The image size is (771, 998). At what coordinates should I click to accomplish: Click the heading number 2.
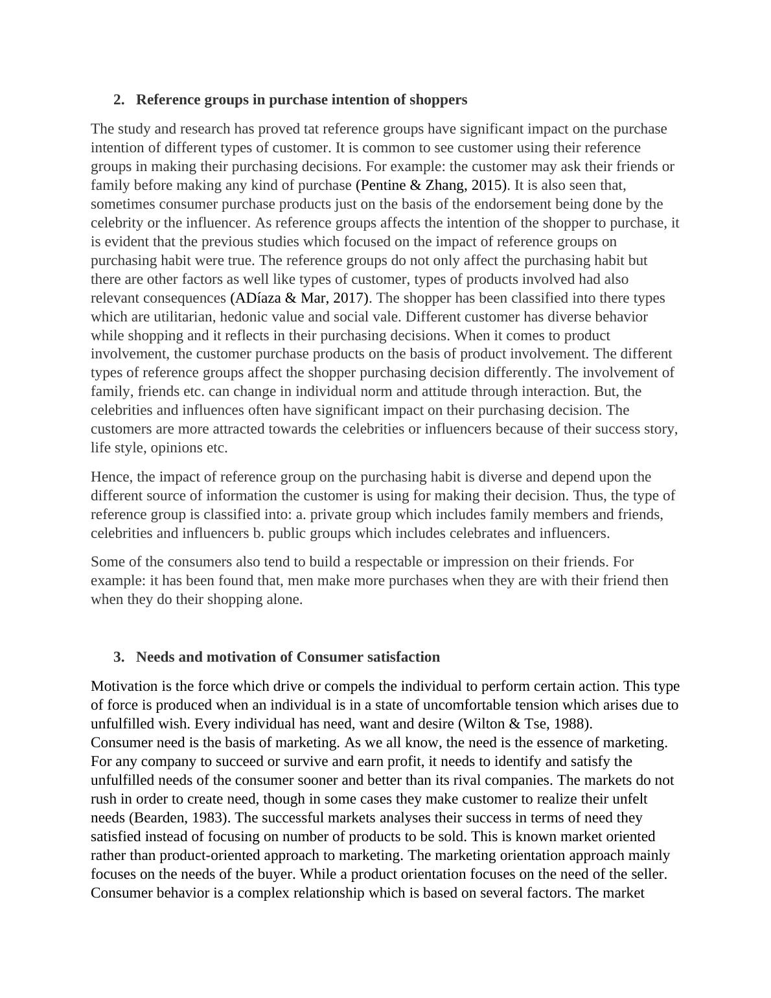pos(119,100)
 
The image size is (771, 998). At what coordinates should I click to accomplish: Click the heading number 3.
pos(119,657)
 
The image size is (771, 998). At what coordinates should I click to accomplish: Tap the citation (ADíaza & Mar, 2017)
pos(299,298)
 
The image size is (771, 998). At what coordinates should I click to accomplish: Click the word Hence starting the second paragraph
pos(111,477)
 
